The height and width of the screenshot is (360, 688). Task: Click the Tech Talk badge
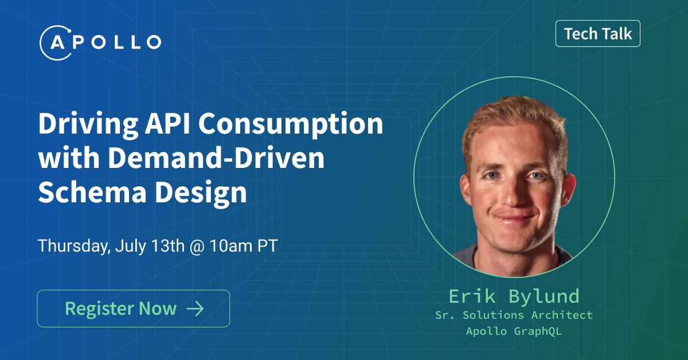(597, 33)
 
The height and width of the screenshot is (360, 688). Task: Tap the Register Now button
(133, 308)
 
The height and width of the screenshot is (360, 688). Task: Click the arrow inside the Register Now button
(196, 308)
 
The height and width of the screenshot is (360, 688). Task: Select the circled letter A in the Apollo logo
(57, 42)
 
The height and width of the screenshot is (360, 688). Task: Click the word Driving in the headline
(88, 124)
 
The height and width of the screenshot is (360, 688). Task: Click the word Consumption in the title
(291, 124)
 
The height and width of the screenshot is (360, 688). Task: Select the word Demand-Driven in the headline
(216, 158)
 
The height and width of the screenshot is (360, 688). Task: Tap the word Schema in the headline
(92, 192)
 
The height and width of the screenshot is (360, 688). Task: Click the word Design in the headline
(201, 193)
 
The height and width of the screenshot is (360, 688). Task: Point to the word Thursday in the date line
(74, 246)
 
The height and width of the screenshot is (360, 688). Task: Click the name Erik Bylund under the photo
(514, 297)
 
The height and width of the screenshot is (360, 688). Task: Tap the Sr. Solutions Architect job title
(514, 315)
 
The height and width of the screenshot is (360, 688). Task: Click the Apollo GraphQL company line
(514, 331)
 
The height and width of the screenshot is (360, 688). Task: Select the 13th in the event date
(168, 246)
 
